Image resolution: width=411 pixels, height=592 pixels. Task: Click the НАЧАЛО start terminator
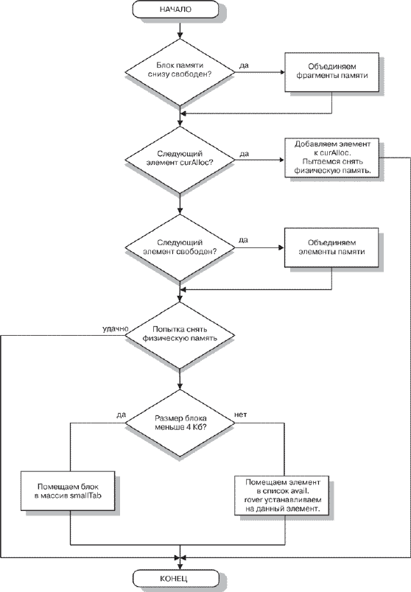[x=175, y=10]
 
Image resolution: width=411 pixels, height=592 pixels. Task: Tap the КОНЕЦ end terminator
[x=175, y=578]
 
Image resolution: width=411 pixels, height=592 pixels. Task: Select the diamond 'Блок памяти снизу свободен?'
[x=180, y=72]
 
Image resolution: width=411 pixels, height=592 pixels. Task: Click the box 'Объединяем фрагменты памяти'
[x=331, y=71]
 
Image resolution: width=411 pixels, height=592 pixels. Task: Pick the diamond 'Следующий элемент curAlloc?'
[x=180, y=160]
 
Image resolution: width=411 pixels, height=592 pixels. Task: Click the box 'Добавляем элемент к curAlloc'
[x=331, y=158]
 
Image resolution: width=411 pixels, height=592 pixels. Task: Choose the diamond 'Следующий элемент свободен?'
[x=180, y=247]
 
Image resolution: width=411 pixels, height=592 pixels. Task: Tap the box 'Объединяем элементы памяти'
[x=331, y=247]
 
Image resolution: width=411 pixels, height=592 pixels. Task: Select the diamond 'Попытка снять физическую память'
[x=180, y=335]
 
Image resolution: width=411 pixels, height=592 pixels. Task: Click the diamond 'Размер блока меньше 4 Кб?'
[x=180, y=423]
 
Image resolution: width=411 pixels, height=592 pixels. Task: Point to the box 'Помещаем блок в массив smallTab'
[x=68, y=491]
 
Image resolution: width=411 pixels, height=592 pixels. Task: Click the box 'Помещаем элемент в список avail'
[x=283, y=496]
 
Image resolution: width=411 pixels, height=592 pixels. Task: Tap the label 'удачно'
[x=115, y=329]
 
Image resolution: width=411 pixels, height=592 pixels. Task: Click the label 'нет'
[x=241, y=415]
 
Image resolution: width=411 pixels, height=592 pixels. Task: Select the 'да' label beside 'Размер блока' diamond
[x=121, y=415]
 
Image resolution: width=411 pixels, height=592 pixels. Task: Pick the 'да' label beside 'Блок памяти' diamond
[x=244, y=66]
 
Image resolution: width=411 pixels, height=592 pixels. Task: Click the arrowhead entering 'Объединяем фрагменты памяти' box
[x=282, y=72]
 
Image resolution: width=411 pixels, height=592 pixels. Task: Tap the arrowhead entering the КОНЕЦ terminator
[x=180, y=567]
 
